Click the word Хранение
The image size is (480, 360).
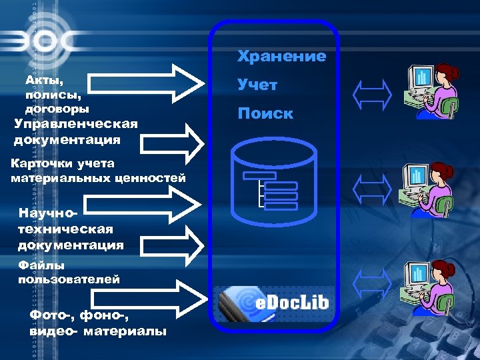282,56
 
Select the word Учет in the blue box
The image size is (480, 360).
257,85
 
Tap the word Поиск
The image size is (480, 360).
265,113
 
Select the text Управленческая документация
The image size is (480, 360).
75,131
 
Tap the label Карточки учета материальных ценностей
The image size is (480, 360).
98,170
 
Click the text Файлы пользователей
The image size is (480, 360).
69,272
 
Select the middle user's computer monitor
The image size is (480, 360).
419,177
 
